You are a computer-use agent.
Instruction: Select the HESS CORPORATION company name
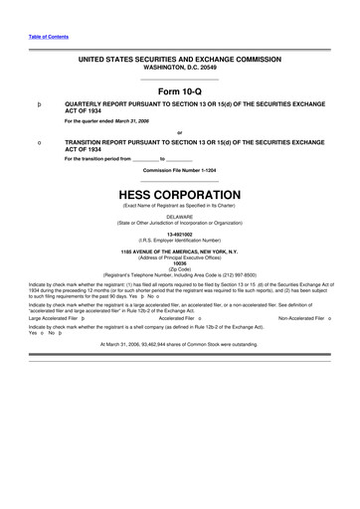pyautogui.click(x=179, y=194)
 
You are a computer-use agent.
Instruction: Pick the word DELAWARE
pyautogui.click(x=179, y=216)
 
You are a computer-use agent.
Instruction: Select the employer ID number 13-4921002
pyautogui.click(x=179, y=235)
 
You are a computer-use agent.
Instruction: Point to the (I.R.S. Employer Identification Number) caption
pyautogui.click(x=179, y=241)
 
